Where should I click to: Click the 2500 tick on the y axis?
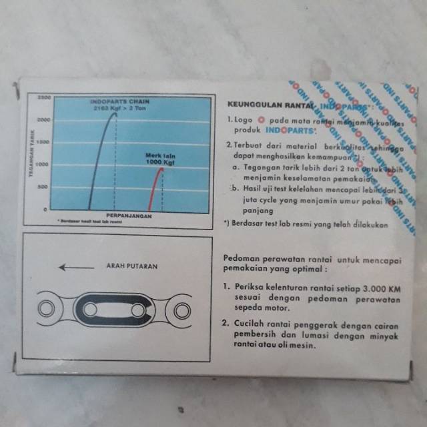pos(44,97)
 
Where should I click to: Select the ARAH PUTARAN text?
pos(131,266)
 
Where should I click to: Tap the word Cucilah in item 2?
pos(250,324)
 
